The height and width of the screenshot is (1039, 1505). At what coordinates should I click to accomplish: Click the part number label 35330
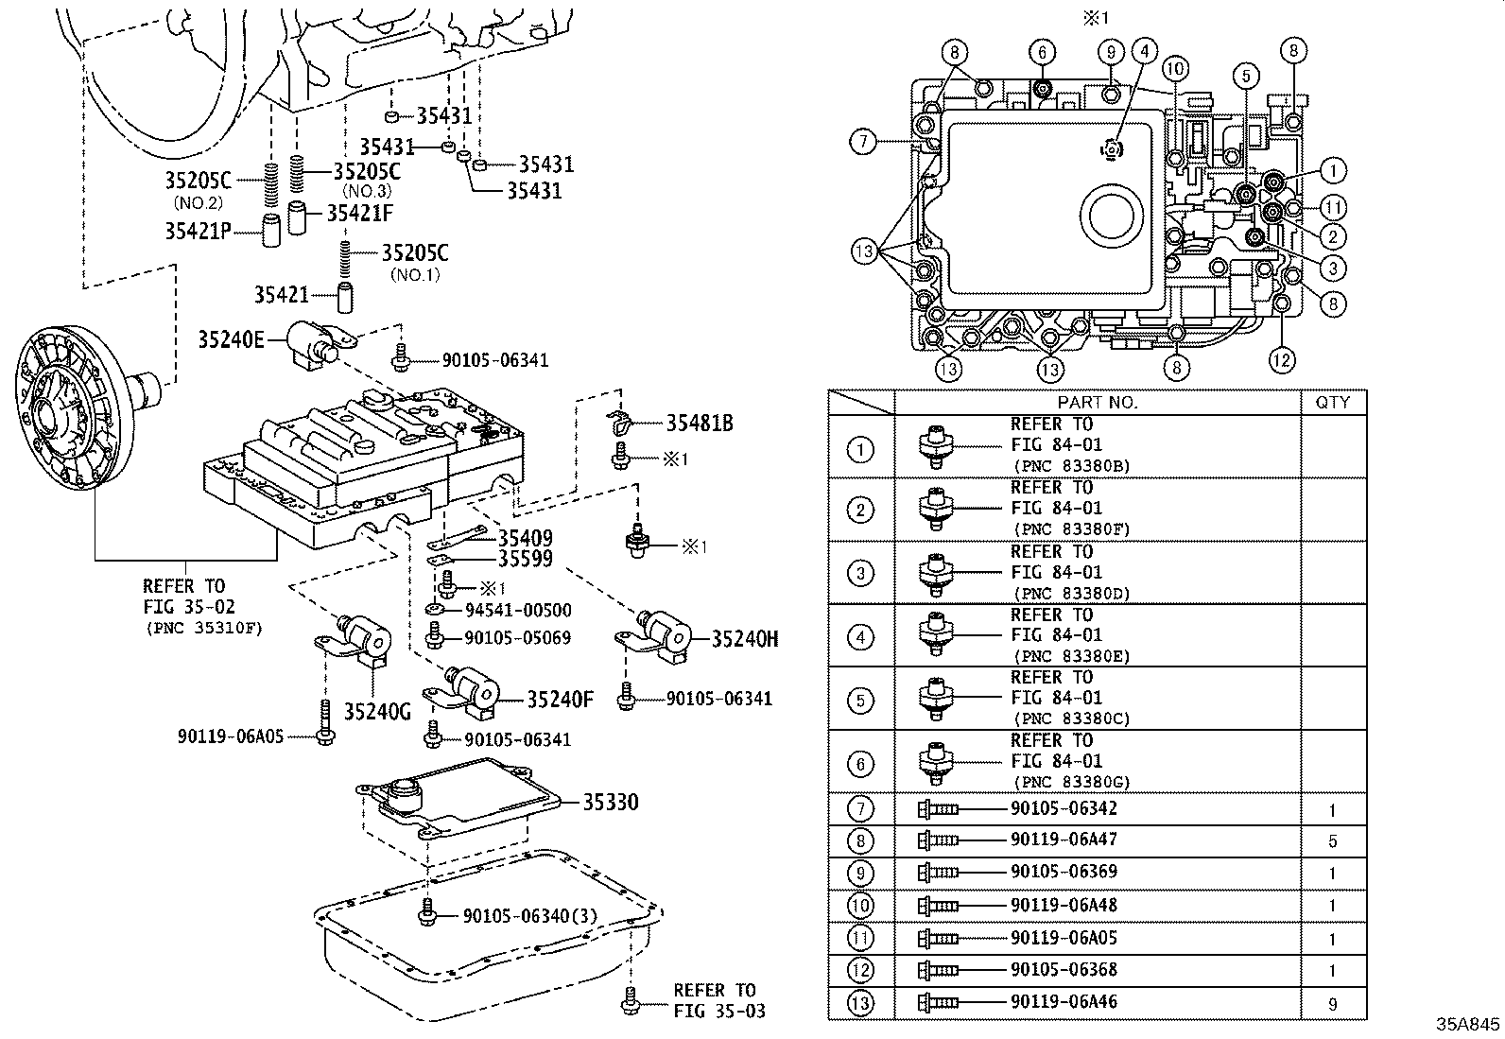(x=610, y=803)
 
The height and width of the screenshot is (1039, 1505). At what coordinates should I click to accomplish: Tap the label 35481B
(x=700, y=424)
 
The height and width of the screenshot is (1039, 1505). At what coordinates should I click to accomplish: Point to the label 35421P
(x=198, y=230)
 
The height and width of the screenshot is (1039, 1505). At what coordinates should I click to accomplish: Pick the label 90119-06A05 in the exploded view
(x=230, y=736)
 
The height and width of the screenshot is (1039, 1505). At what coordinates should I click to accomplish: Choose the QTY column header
(x=1333, y=403)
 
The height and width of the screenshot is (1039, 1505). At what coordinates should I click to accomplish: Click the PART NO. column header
(x=1098, y=403)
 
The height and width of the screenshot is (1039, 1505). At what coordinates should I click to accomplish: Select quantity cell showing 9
(x=1333, y=1005)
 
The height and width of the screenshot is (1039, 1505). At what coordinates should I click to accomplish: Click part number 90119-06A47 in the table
(x=1064, y=840)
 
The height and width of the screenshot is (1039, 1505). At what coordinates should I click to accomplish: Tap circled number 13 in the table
(x=860, y=1002)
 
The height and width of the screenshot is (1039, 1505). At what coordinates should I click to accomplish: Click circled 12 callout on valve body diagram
(x=1281, y=359)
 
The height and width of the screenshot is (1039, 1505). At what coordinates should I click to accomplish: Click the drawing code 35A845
(x=1468, y=1025)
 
